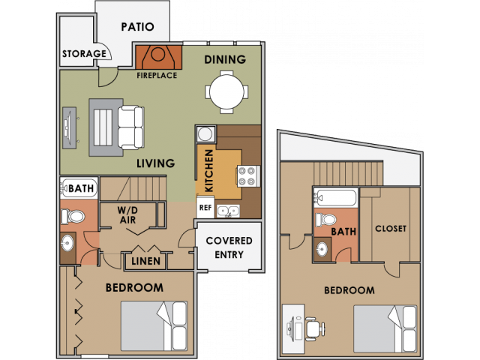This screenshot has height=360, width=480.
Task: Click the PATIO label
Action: pos(137,27)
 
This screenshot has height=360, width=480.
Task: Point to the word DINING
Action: pos(225,59)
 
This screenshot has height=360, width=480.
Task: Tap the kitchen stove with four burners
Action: pos(247,177)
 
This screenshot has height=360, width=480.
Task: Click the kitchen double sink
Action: pos(228,211)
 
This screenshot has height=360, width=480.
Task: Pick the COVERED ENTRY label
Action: pos(229,247)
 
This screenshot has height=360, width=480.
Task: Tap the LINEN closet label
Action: pos(145,261)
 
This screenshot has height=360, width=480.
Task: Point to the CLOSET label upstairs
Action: pos(390,229)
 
